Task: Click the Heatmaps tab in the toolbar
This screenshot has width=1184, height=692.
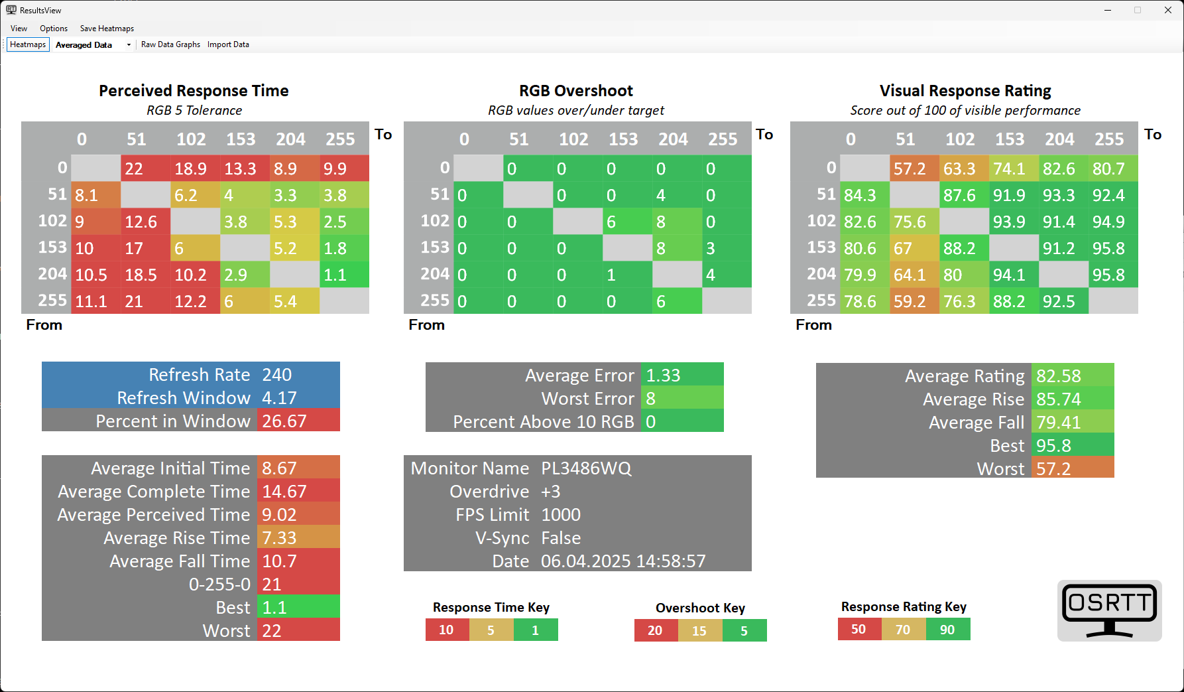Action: click(x=28, y=44)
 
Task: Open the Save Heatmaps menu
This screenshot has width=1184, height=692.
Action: click(x=107, y=29)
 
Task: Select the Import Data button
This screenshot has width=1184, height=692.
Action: click(x=228, y=44)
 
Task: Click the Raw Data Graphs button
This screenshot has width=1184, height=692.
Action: click(x=170, y=44)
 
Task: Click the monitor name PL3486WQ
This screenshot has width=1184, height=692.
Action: click(x=586, y=468)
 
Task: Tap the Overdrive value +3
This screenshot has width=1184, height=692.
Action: click(x=551, y=492)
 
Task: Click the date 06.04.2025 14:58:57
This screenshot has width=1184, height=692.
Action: click(x=623, y=561)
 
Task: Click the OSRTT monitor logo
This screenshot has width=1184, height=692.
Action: click(x=1109, y=610)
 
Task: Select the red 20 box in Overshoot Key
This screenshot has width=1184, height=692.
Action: click(x=656, y=630)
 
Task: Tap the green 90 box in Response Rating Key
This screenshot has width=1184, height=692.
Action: click(x=948, y=630)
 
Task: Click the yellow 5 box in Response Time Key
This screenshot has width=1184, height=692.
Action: click(x=491, y=630)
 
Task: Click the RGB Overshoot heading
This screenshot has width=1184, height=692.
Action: click(x=575, y=91)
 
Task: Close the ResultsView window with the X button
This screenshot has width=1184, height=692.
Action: click(x=1168, y=10)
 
